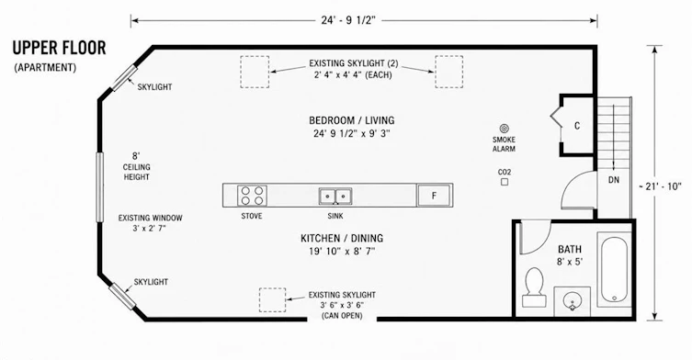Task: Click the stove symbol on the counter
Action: pos(252,196)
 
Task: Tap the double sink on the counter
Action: pos(335,197)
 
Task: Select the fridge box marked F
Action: pos(435,195)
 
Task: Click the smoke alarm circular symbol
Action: pos(504,129)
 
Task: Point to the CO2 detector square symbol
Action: pos(505,182)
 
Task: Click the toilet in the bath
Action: pos(535,287)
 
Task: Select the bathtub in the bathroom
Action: pos(614,269)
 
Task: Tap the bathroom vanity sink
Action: pos(572,301)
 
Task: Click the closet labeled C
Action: pos(577,126)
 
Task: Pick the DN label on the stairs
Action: pos(614,180)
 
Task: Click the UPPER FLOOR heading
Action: pos(59,48)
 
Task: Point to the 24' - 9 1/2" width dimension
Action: pos(348,20)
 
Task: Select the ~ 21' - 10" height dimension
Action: pos(660,186)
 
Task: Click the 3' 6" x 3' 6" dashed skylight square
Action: pos(272,300)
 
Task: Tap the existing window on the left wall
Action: pos(100,186)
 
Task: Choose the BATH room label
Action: pos(570,249)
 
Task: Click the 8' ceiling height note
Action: pos(136,166)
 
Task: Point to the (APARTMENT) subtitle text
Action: pos(45,68)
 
